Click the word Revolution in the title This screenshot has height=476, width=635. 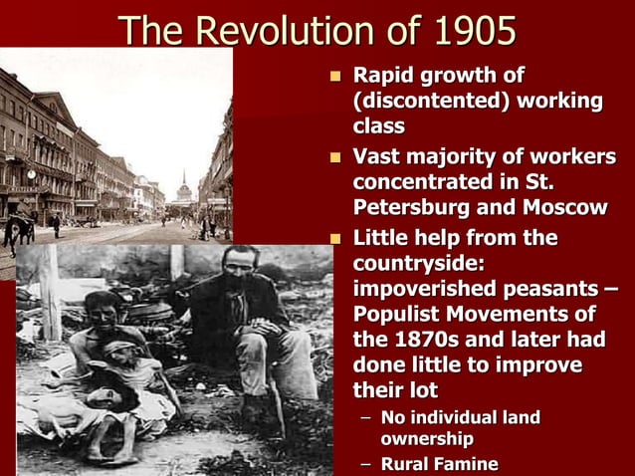tap(284, 30)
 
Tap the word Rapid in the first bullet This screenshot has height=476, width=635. tap(382, 76)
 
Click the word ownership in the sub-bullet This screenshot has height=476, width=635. tap(426, 438)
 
